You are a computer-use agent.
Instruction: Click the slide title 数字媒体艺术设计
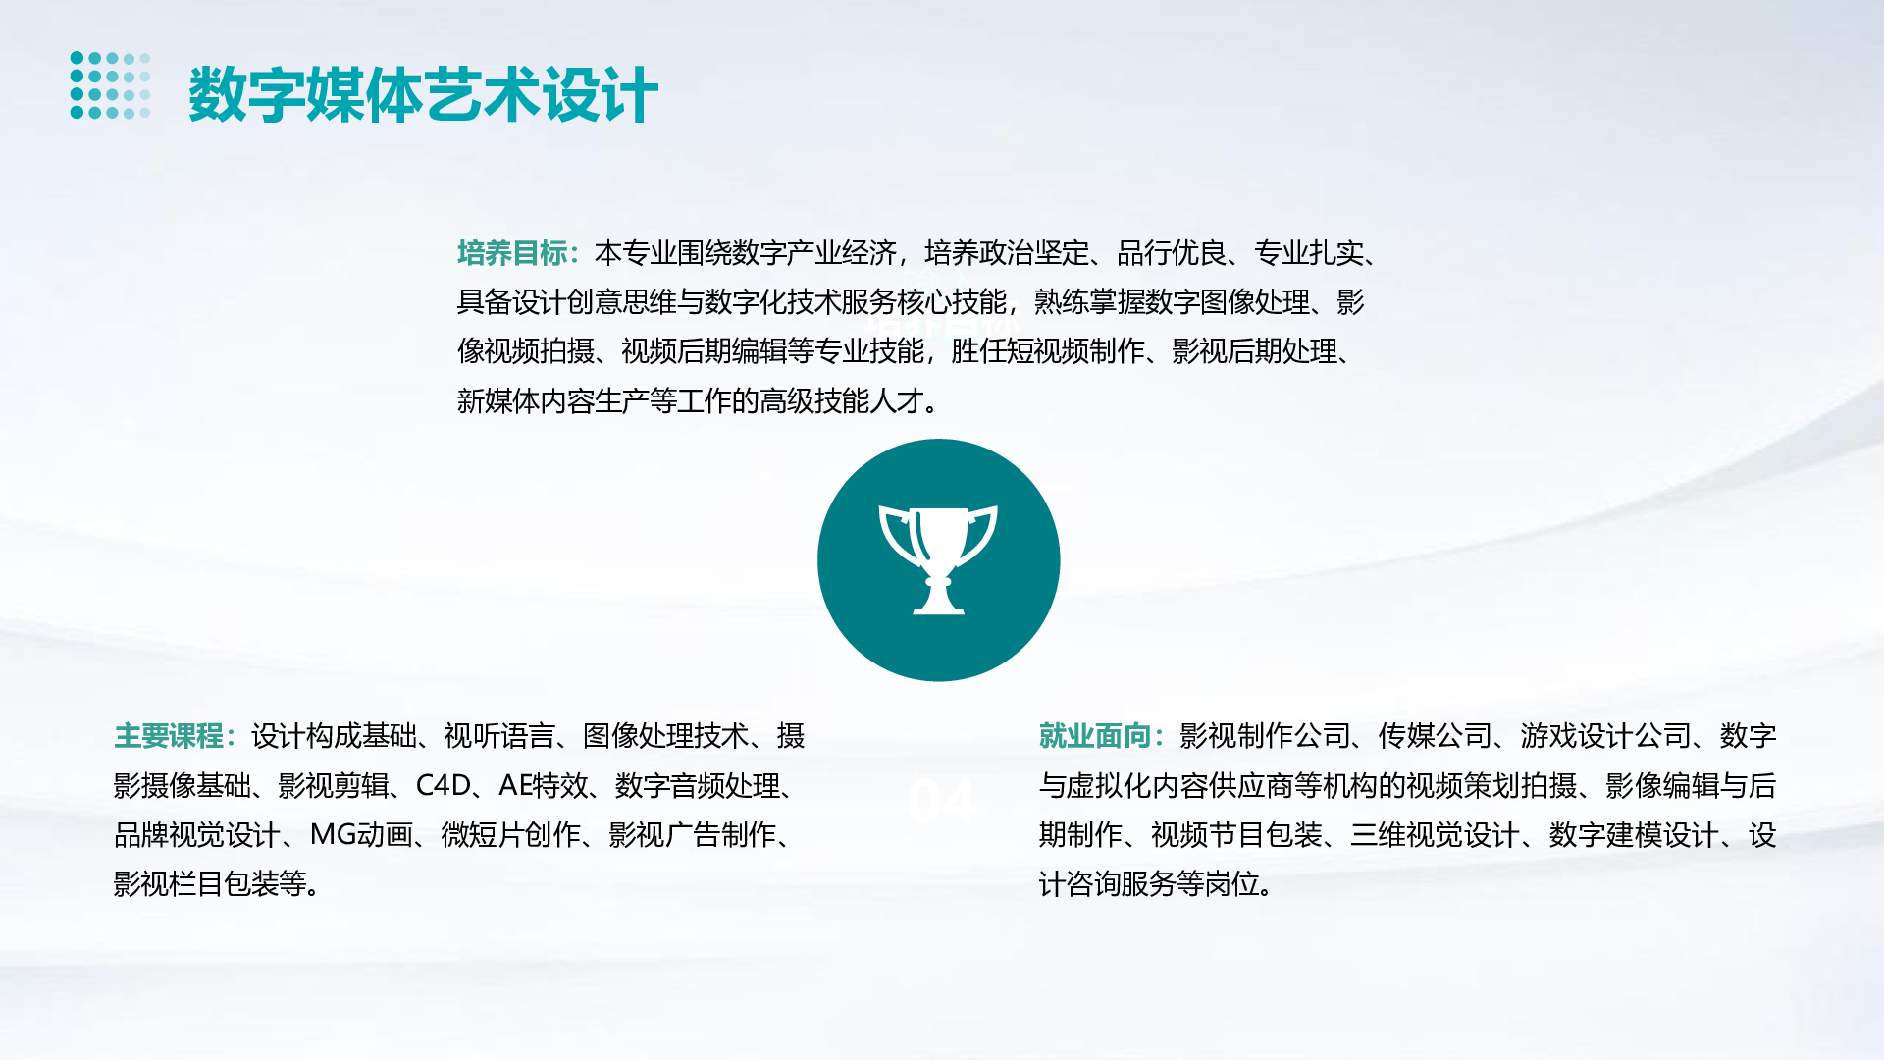pos(423,95)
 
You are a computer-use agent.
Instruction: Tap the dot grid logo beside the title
pos(111,85)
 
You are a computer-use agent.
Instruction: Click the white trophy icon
pos(938,559)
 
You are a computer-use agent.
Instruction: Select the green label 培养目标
pos(512,253)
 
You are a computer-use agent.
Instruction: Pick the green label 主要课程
pos(169,735)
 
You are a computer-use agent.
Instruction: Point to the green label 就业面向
pos(1094,735)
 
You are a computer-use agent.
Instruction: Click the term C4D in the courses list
pos(444,785)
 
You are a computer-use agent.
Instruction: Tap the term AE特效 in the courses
pos(544,785)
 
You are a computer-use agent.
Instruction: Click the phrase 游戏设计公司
pos(1605,735)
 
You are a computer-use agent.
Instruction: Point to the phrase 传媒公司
pos(1435,735)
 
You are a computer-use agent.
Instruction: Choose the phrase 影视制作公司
pos(1265,735)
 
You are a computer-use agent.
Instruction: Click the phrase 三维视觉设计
pos(1435,834)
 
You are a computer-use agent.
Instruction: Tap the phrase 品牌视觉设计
pos(197,834)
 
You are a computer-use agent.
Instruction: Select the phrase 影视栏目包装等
pos(210,884)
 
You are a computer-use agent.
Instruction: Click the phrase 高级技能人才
pos(842,400)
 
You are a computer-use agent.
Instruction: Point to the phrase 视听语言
pos(499,735)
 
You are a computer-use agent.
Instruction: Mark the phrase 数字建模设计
pos(1634,834)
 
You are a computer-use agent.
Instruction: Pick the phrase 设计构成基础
pos(334,735)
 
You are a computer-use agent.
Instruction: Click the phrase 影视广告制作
pos(693,834)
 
